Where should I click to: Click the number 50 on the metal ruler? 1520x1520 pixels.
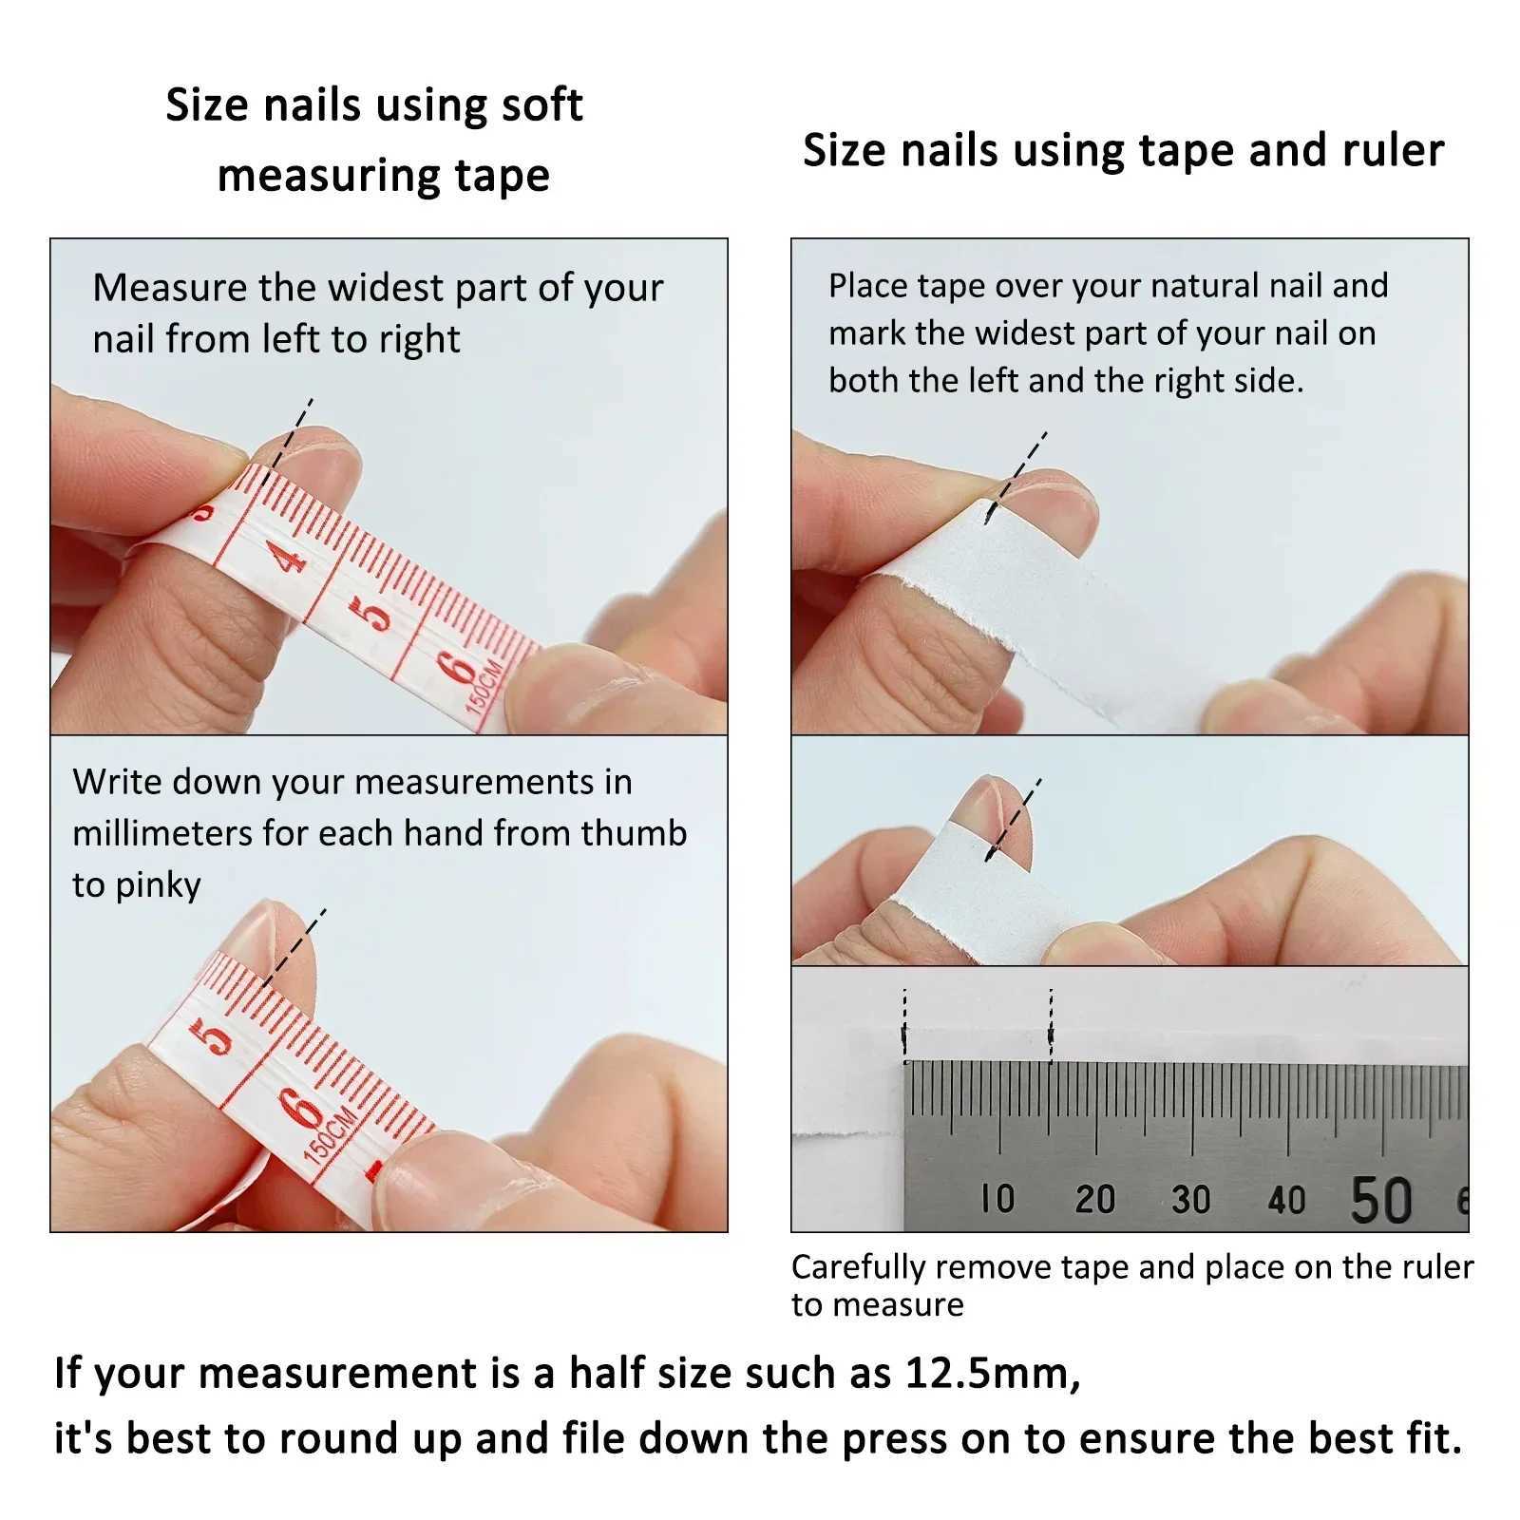(x=1381, y=1199)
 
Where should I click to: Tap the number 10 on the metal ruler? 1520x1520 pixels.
(x=997, y=1199)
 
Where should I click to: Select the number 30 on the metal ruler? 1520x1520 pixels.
(x=1190, y=1199)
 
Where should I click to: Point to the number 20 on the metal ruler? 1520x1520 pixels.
(x=1094, y=1199)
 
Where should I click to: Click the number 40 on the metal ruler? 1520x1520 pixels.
(x=1286, y=1200)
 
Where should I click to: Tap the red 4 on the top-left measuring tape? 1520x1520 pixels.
(x=290, y=556)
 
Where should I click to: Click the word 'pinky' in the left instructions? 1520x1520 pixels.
(x=158, y=885)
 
